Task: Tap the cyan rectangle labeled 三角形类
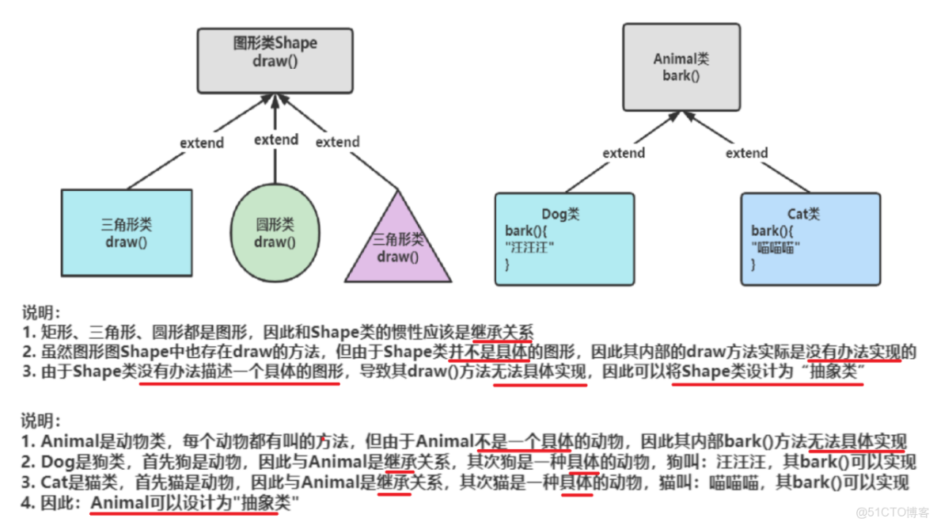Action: tap(126, 234)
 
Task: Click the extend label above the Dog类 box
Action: tap(624, 153)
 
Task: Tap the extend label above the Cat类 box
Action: tap(746, 153)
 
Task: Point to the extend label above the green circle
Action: tap(276, 139)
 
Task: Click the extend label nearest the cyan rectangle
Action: tap(202, 143)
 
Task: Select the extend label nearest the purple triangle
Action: tap(337, 143)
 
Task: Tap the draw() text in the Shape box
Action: tap(275, 61)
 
